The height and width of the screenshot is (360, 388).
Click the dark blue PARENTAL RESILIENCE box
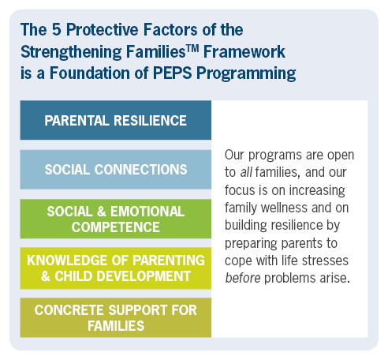115,120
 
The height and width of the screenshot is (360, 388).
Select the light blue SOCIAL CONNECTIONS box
115,169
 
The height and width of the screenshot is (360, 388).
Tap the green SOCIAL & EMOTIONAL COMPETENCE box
115,219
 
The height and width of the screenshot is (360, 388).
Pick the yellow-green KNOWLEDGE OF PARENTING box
115,268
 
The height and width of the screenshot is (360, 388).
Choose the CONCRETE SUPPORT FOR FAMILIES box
115,317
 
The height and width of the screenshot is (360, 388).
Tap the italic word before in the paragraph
244,279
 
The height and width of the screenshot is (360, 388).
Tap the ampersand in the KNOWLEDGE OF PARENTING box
33,276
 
